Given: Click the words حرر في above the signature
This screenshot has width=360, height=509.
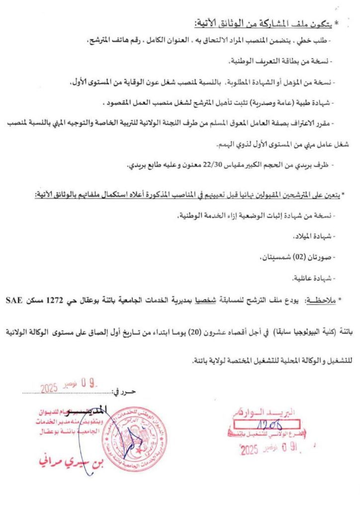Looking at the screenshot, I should (x=124, y=392).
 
